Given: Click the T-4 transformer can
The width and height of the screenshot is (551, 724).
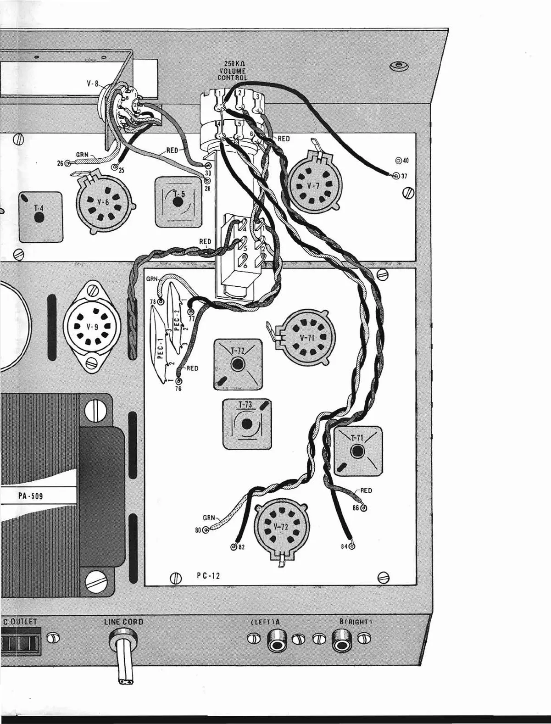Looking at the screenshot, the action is click(40, 216).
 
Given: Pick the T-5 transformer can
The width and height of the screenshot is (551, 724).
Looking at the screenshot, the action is click(178, 202).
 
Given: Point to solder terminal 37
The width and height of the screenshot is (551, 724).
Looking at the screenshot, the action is click(396, 175).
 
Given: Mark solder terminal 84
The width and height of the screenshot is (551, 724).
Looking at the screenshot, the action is click(352, 546).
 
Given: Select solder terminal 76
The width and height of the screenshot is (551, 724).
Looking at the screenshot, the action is click(178, 382).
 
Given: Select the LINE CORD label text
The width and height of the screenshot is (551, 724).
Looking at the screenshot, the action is click(124, 622).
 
